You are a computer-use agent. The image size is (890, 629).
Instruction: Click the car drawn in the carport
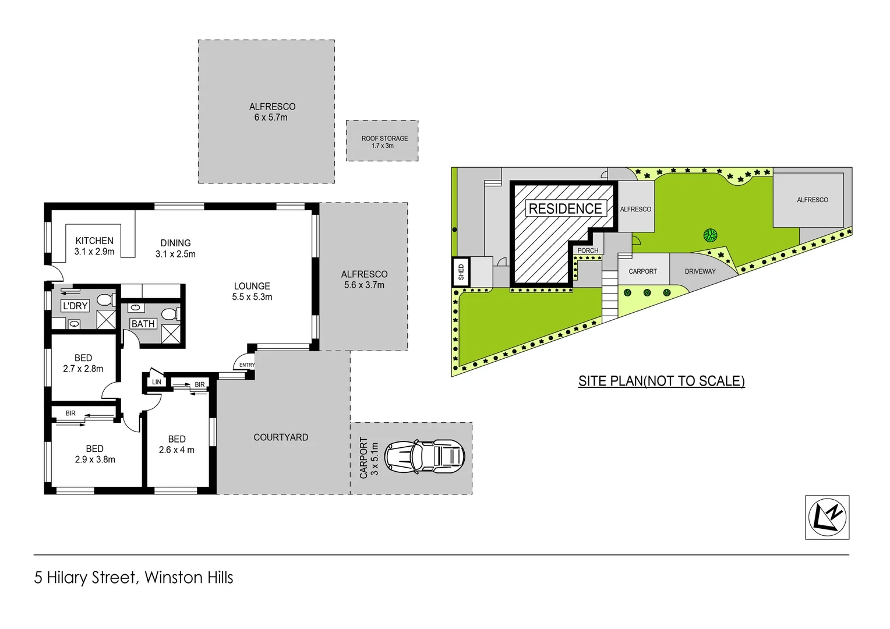[425, 456]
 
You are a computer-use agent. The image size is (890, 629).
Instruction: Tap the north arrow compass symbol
[827, 517]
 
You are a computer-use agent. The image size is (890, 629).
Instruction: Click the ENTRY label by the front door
[247, 365]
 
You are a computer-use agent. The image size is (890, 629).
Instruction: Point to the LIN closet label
[157, 382]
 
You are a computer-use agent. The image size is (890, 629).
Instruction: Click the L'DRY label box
[75, 306]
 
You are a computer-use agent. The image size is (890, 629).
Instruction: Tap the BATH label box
[143, 324]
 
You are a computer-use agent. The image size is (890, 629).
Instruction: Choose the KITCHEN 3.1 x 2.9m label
[94, 246]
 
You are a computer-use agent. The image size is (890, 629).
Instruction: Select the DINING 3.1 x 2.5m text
[175, 248]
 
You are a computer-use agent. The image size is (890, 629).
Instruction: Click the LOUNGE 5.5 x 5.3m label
[252, 291]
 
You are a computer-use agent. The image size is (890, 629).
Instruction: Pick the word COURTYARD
[281, 437]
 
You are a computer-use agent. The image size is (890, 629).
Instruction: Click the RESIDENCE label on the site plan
[565, 209]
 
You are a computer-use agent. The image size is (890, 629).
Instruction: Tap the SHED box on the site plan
[461, 271]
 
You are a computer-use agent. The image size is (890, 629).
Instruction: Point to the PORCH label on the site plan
[588, 250]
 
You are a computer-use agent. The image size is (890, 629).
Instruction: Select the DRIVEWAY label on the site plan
[700, 271]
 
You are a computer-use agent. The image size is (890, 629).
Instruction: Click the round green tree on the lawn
[710, 235]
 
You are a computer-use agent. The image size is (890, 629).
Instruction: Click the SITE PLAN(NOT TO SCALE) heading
[661, 381]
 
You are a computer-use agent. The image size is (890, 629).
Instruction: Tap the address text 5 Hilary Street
[84, 578]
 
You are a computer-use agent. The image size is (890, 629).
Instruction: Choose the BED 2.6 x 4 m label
[176, 444]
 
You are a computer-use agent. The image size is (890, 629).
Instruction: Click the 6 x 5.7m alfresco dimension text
[271, 118]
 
